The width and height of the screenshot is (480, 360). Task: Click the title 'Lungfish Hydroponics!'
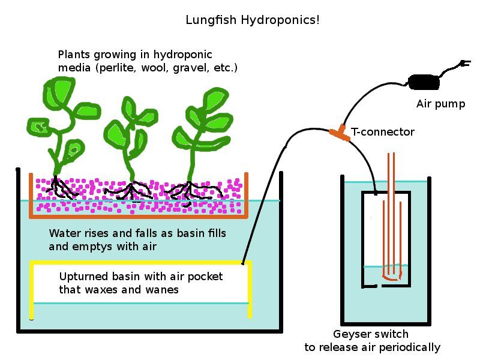252,20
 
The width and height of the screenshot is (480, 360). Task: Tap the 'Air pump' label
440,104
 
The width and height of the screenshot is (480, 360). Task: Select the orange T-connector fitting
340,132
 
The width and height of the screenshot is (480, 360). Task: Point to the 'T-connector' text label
383,131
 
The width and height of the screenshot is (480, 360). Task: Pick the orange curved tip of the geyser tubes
392,278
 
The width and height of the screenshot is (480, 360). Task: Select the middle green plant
128,135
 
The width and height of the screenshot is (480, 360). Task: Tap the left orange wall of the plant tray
31,195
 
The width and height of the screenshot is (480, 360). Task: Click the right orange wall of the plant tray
245,195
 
